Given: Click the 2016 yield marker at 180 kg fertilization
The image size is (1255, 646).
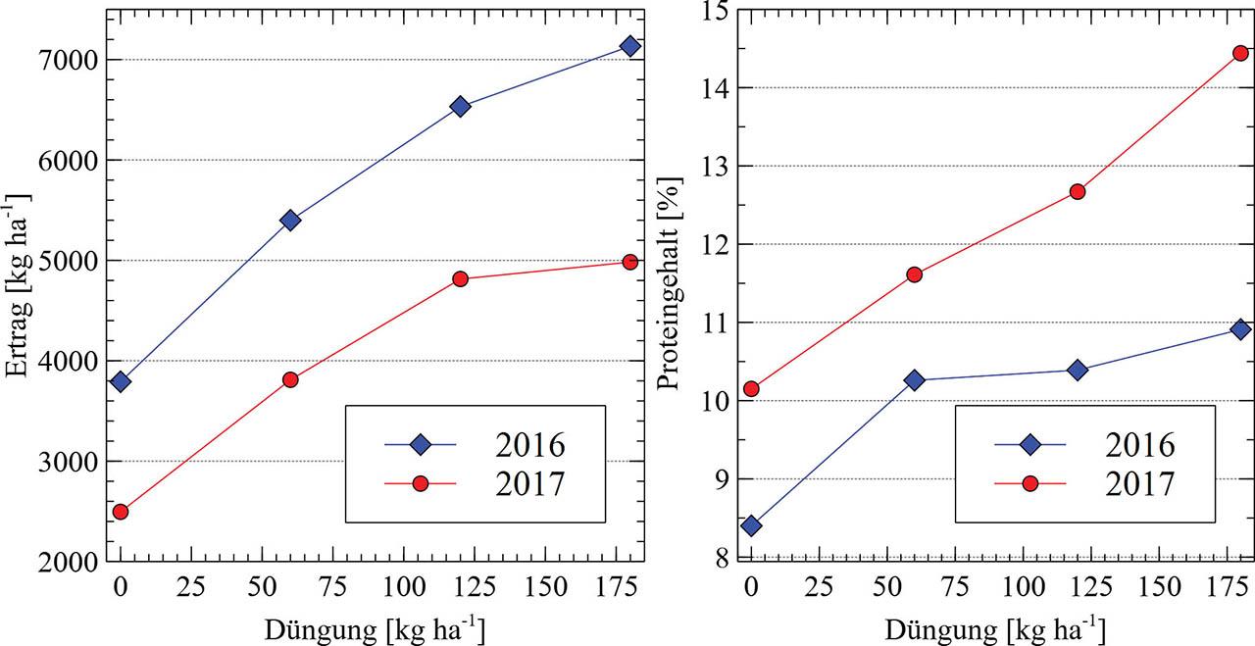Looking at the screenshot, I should pos(629,46).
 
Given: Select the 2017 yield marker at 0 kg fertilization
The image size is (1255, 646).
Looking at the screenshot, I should pos(121,512).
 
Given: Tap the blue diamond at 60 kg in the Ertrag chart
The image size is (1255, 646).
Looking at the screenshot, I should pos(290,220).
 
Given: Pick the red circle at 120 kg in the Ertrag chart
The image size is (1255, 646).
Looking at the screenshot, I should pos(460,279).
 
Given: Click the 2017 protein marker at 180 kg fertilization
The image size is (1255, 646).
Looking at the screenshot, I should pos(1240,53).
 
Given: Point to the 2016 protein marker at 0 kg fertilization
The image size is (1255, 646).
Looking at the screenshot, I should pos(751,525).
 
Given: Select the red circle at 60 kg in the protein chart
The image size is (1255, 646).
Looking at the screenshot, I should pos(914,274).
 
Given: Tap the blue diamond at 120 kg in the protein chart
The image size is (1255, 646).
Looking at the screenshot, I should pos(1078,370).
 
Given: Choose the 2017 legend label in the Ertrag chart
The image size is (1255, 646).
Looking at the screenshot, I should pos(530,484).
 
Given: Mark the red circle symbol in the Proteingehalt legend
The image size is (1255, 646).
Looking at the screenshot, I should pos(1029,484).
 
